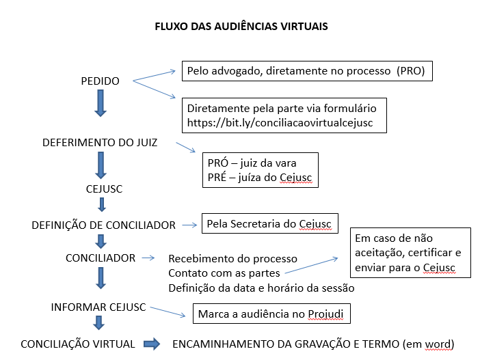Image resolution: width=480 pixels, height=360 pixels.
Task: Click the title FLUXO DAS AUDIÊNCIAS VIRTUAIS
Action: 241,27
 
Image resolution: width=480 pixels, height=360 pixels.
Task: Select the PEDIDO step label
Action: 100,81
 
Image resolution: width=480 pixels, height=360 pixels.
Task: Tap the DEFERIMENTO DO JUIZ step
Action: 100,143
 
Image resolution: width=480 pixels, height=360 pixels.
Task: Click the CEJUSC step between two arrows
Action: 104,189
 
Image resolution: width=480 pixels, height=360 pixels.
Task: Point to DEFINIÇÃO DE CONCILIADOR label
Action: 103,225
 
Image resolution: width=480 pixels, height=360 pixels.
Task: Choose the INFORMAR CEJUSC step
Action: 98,307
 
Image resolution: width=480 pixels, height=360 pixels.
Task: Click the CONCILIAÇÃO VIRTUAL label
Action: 78,344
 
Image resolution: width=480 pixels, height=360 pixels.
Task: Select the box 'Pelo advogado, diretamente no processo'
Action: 307,71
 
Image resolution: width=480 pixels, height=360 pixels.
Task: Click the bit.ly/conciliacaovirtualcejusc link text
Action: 280,123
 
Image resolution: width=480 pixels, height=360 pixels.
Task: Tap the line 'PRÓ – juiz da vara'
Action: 252,163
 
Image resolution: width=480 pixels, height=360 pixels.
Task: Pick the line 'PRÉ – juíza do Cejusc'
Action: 260,178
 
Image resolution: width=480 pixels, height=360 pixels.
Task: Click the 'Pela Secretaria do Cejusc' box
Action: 270,223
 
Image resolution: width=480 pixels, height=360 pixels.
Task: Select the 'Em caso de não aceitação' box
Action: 410,253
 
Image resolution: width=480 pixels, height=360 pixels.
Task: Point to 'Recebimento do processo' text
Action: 232,259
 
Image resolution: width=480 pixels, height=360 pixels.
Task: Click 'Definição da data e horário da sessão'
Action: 261,288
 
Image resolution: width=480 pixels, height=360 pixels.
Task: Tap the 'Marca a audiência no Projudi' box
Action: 271,314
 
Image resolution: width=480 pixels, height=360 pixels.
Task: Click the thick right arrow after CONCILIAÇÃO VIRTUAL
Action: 152,344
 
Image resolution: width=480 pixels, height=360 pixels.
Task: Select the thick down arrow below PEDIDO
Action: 101,103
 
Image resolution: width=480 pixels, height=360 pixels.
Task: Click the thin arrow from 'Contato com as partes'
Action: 311,266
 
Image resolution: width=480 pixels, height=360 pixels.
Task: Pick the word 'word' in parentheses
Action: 438,344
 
